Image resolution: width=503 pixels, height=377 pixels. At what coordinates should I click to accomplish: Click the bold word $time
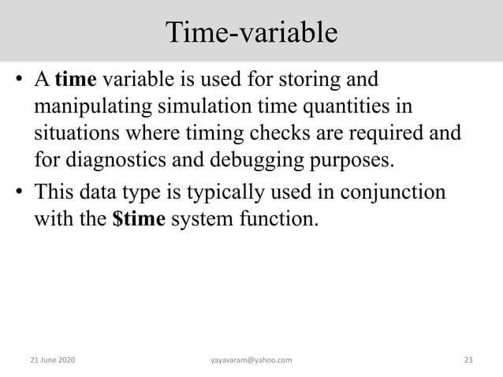point(139,218)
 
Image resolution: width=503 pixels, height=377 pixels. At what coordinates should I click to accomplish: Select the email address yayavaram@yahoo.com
point(251,360)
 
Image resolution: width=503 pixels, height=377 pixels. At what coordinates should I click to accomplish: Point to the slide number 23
point(468,360)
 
